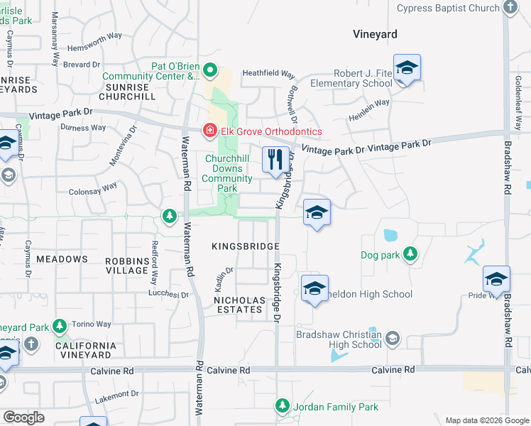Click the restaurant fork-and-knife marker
click(275, 159)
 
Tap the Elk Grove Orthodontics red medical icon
click(209, 131)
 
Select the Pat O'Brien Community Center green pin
click(209, 70)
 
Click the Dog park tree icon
click(410, 253)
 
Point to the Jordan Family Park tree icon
click(283, 406)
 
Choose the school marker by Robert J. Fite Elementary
click(407, 68)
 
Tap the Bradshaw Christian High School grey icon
click(393, 339)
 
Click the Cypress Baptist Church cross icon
click(510, 8)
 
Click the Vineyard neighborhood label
click(376, 34)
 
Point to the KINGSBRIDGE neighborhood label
click(245, 246)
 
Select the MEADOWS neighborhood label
click(62, 259)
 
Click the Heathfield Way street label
click(268, 73)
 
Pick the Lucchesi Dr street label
click(168, 294)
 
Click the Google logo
click(23, 417)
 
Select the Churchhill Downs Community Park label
click(227, 173)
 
